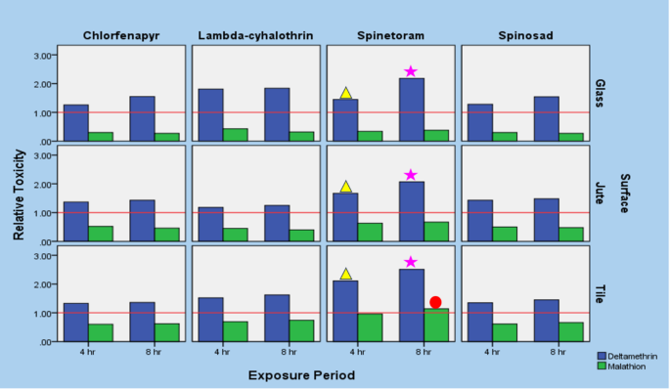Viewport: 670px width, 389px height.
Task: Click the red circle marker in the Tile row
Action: click(x=435, y=303)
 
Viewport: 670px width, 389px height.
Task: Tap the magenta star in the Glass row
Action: click(x=411, y=71)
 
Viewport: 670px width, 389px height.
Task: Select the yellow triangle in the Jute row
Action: click(x=345, y=187)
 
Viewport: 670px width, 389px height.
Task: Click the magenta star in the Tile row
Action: click(x=411, y=262)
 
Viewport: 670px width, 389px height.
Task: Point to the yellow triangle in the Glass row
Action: click(x=345, y=93)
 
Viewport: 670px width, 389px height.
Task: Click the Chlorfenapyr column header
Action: click(x=121, y=37)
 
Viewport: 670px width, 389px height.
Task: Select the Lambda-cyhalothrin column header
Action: click(x=256, y=37)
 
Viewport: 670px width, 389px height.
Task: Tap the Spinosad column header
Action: click(x=524, y=37)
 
